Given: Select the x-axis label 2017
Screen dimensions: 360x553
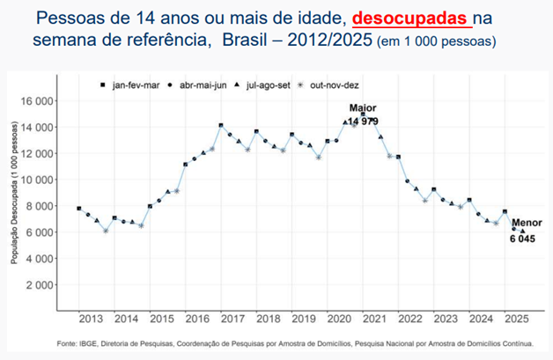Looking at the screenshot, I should point(232,318).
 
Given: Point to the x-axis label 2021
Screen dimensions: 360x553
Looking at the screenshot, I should point(375,318).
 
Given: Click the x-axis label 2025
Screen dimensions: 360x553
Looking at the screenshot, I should point(517,318).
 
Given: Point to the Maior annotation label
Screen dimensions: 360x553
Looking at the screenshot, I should point(363,108).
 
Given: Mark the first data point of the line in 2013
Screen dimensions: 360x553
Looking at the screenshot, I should point(79,209).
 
